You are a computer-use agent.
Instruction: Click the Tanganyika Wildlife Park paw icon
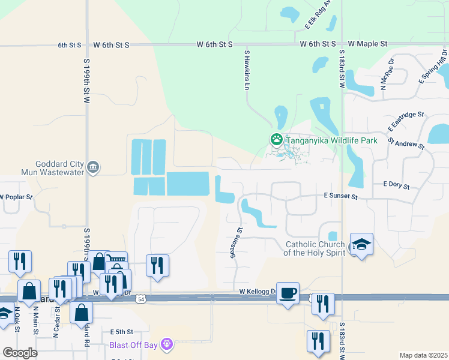(276, 140)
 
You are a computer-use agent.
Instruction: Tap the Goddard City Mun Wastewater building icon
(93, 167)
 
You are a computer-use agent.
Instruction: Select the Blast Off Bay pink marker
(167, 345)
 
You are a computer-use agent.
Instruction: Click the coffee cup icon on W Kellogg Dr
(288, 292)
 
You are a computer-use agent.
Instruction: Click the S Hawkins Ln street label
(246, 70)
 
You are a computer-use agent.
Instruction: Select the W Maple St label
(367, 44)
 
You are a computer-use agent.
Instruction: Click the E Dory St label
(396, 186)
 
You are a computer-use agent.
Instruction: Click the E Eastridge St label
(405, 120)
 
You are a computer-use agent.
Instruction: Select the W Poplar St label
(15, 196)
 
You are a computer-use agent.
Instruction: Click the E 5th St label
(122, 332)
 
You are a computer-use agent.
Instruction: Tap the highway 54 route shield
(141, 298)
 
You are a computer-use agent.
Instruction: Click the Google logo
(20, 353)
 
